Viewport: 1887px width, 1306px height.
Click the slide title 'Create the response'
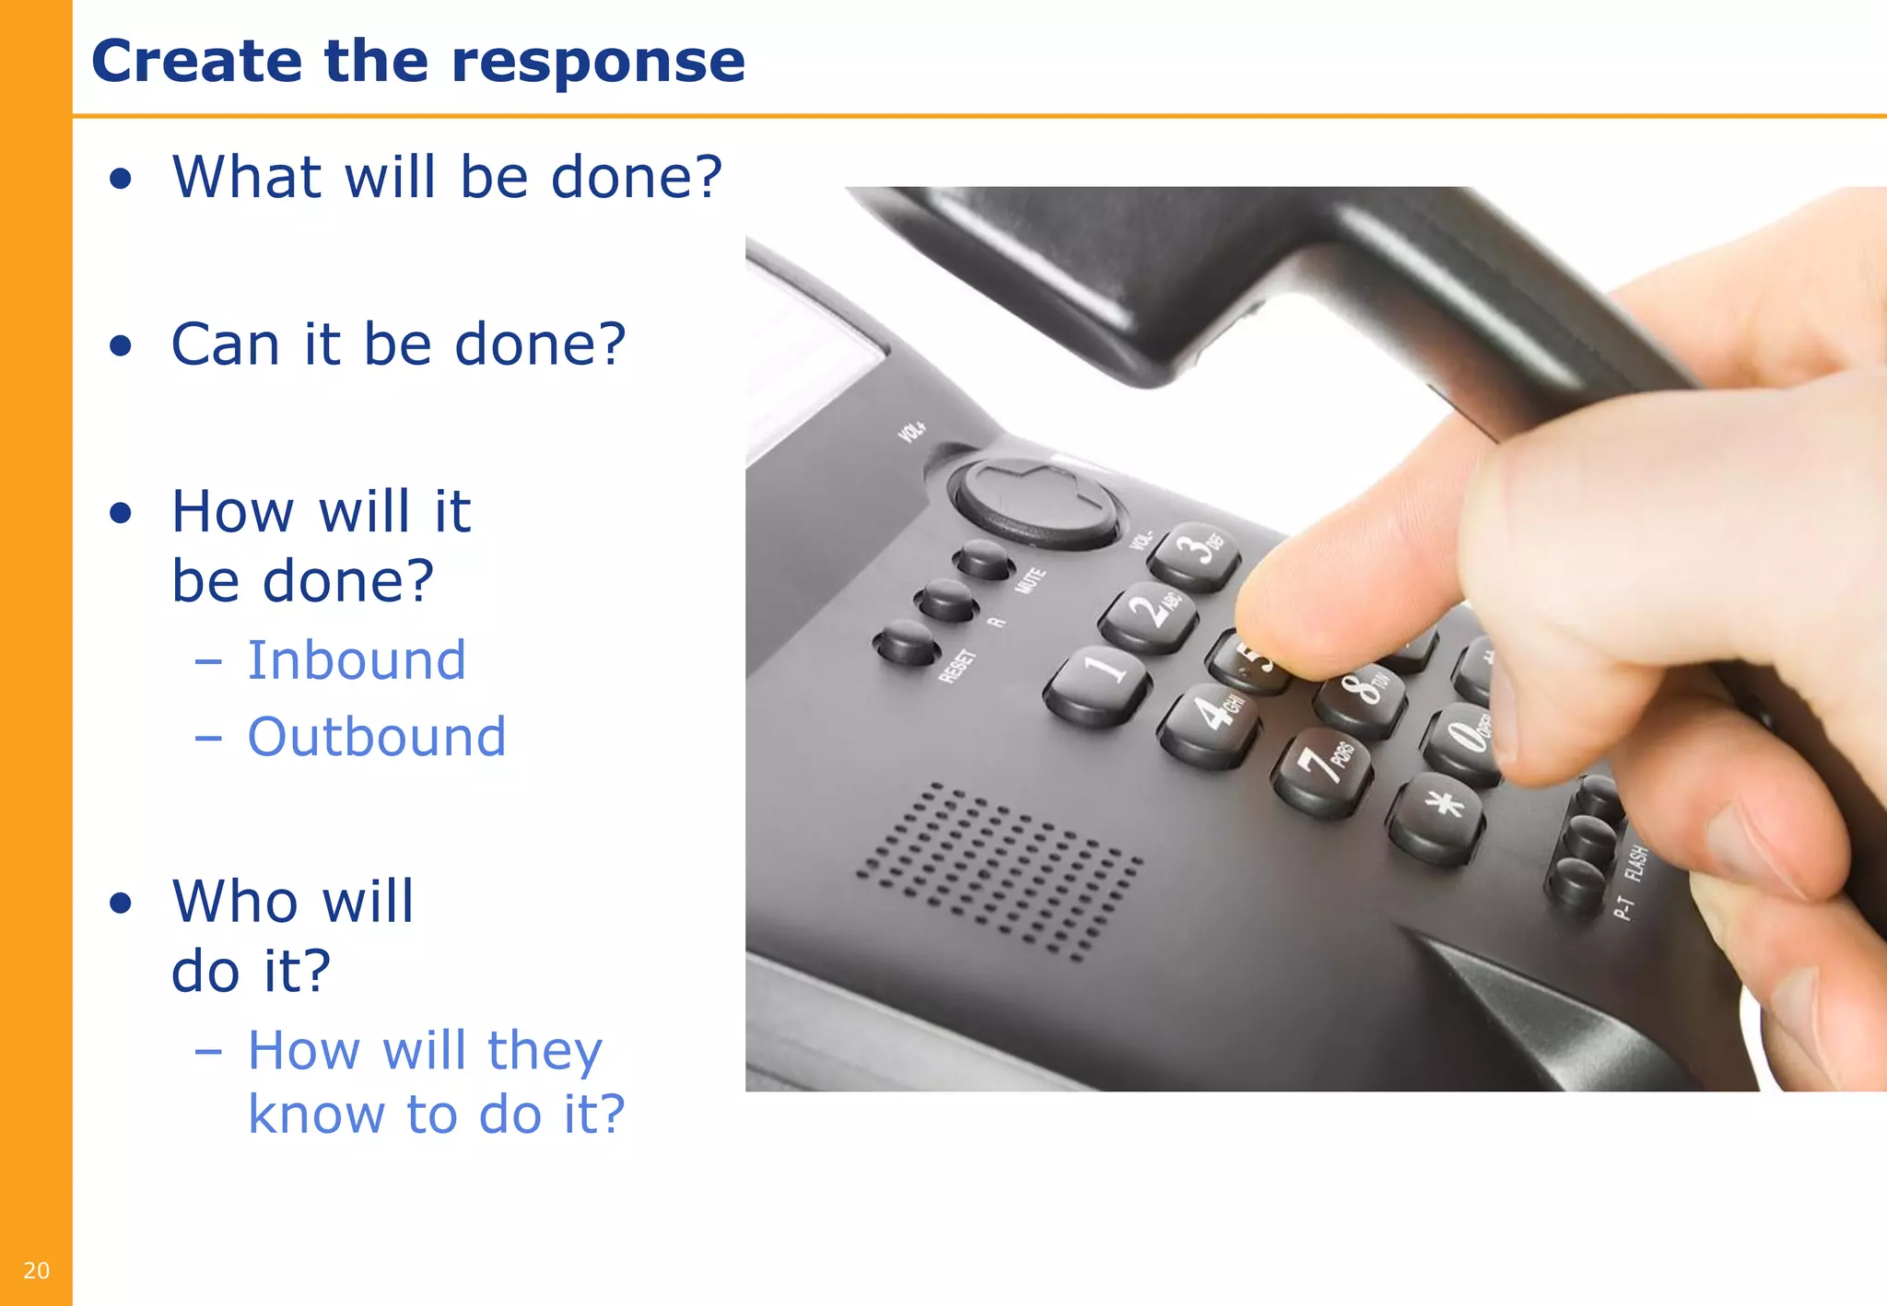pos(417,61)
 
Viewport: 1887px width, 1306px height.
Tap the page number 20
pos(36,1270)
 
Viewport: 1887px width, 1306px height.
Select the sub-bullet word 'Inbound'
pos(357,660)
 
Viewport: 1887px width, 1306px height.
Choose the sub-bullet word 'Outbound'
pos(377,737)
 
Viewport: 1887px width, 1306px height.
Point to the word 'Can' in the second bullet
pos(225,344)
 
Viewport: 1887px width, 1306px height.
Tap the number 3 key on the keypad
pos(1195,552)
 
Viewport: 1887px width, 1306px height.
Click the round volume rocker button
pos(1037,502)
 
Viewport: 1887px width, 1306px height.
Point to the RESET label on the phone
pos(957,665)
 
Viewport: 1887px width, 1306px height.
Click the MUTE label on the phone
pos(1030,581)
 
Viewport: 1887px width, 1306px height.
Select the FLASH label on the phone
pos(1635,864)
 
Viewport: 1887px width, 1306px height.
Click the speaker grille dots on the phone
pos(1001,870)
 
